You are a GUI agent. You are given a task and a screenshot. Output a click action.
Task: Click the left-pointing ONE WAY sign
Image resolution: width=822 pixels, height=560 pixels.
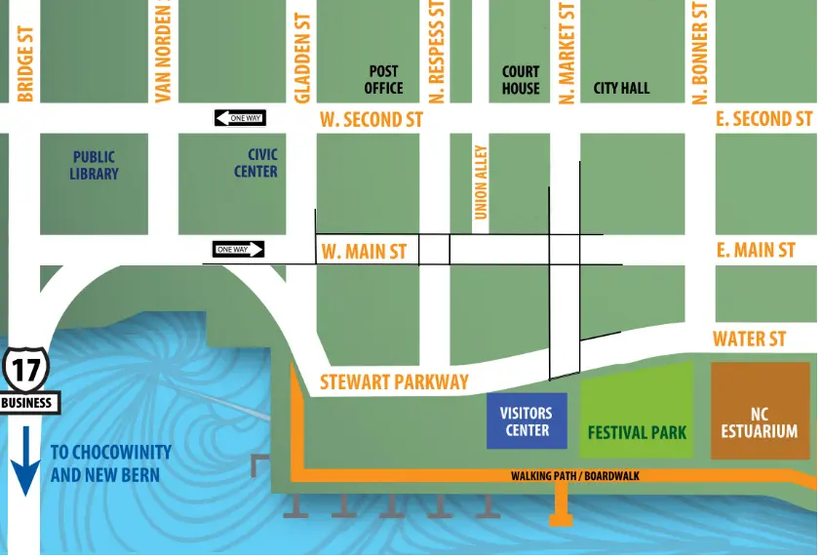coord(239,118)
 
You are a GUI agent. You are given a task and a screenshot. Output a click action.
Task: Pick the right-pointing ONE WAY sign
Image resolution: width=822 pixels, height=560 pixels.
coord(239,250)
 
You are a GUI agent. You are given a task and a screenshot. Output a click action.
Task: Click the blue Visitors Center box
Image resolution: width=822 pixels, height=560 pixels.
coord(527,421)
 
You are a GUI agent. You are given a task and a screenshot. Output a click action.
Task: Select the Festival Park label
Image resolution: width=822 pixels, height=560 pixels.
coord(637,432)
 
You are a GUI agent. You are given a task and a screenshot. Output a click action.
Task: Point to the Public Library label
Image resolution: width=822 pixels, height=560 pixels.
coord(94,165)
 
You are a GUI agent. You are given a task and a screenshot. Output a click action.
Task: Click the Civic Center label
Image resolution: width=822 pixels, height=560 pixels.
coord(255,163)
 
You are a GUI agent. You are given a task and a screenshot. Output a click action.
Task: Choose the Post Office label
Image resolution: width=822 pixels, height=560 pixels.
coord(383,79)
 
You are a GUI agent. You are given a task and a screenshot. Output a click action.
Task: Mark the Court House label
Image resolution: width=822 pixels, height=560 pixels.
coord(521,79)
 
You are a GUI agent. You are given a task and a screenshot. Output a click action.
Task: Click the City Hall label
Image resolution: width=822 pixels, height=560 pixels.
coord(621,88)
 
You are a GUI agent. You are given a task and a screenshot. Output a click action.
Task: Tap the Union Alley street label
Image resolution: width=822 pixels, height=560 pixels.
coord(481,181)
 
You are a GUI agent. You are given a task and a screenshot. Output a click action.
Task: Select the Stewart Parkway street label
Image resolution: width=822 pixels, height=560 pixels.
coord(394,381)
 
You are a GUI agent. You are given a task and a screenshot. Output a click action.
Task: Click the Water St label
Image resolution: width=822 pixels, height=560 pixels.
coord(749,339)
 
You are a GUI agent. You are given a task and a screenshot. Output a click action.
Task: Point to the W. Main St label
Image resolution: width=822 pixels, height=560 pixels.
coord(364,252)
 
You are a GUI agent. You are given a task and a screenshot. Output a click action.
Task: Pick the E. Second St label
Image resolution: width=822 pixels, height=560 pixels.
coord(763,118)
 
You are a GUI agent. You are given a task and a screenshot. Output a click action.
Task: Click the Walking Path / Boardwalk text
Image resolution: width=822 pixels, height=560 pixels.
coord(574,476)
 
